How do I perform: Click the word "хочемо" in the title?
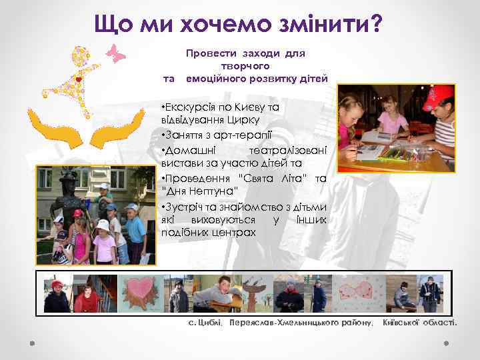coord(213,25)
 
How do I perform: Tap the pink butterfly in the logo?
coord(117,53)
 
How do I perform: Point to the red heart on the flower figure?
coord(79,79)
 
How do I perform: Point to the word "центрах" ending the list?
coord(234,232)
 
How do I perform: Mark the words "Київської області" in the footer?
coord(420,323)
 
